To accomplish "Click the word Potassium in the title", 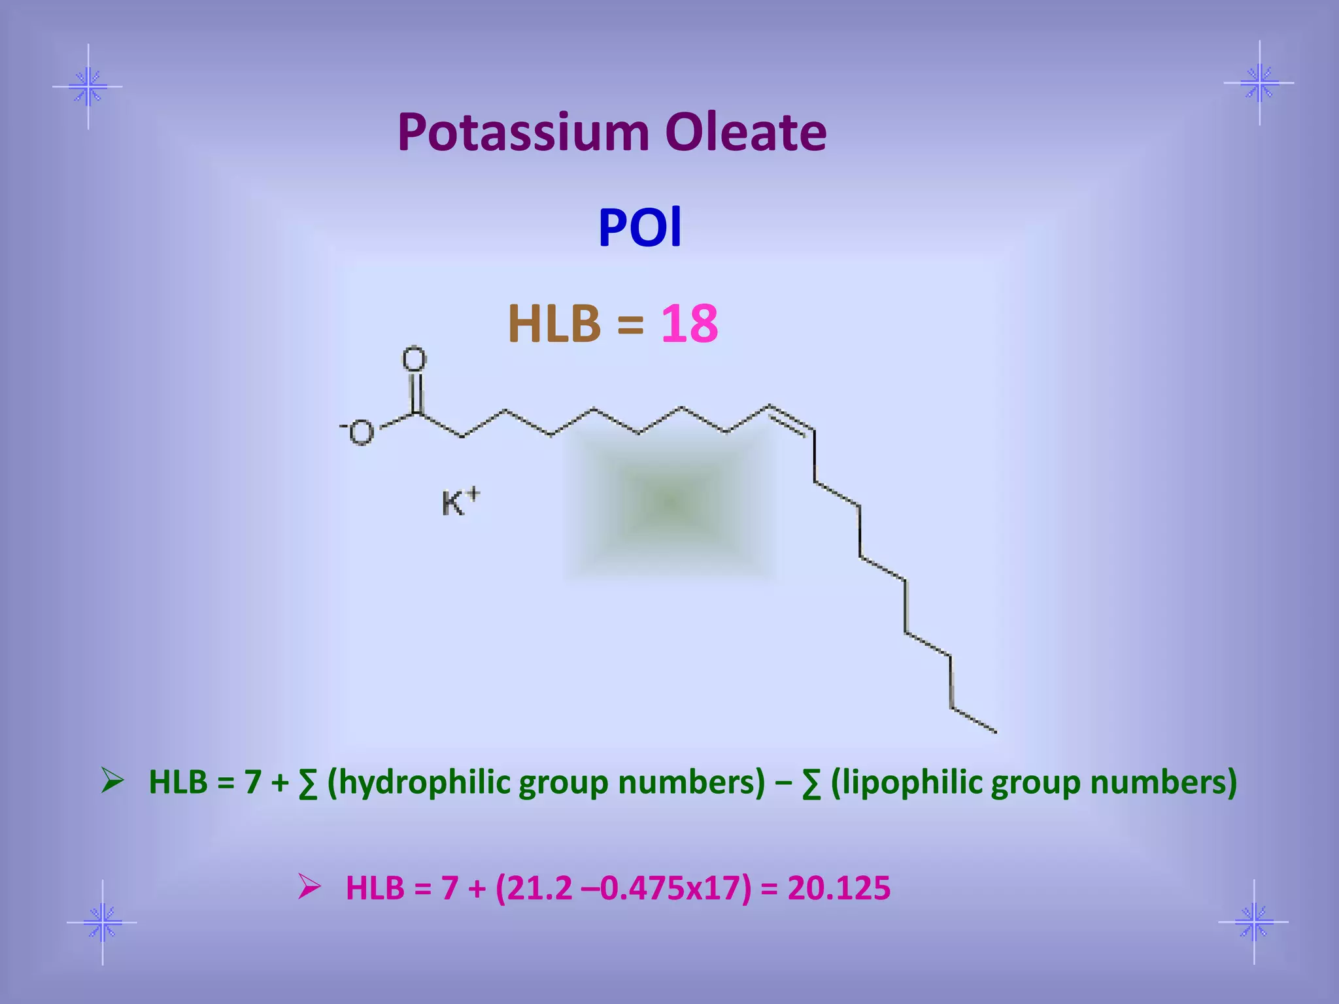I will click(523, 133).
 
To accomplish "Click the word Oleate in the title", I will click(745, 133).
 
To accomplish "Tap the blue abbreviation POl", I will click(640, 227).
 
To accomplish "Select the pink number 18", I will click(689, 324).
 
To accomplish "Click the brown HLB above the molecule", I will click(554, 324).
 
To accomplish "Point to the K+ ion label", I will click(460, 503).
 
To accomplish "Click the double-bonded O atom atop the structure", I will click(414, 359).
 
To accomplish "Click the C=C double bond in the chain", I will click(791, 419).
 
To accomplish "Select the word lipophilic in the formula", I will click(915, 782).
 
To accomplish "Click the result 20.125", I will click(839, 888).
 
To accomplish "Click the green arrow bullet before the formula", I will click(112, 780).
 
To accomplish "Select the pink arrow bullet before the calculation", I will click(309, 886).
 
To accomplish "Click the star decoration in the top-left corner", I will click(88, 86).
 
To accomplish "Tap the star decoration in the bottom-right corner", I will click(1254, 922).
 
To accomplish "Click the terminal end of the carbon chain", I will click(994, 731).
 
